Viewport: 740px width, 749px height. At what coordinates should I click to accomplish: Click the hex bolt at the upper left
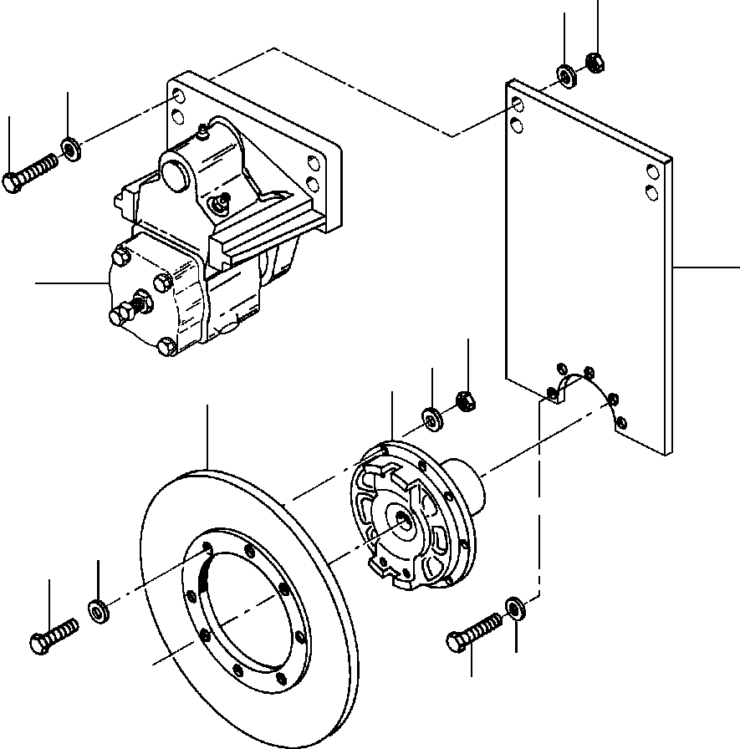29,174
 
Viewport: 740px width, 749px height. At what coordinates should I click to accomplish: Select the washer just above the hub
432,417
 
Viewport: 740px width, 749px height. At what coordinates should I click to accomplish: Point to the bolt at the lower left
53,634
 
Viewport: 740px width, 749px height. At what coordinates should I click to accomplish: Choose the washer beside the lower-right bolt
514,608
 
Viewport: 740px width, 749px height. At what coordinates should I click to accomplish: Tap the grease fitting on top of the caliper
202,131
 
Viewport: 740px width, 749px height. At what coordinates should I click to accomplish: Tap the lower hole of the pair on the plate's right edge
651,193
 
